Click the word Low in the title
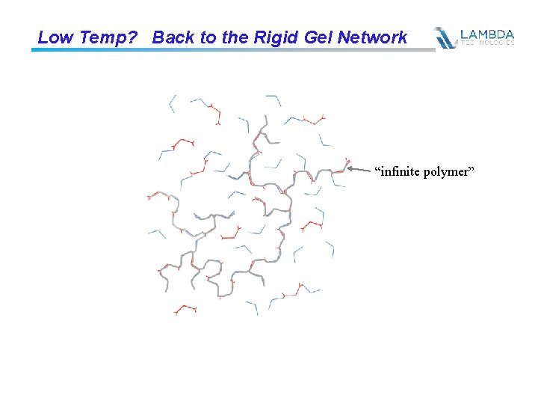53,37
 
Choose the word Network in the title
374,37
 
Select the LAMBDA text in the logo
487,34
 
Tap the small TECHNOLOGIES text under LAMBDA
487,43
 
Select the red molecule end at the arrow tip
346,162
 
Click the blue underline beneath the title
224,50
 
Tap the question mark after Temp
133,37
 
